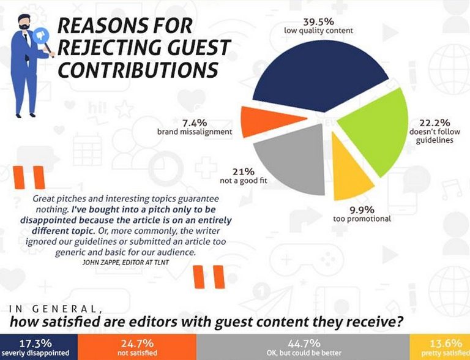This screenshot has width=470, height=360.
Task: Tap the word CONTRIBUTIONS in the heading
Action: [138, 69]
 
